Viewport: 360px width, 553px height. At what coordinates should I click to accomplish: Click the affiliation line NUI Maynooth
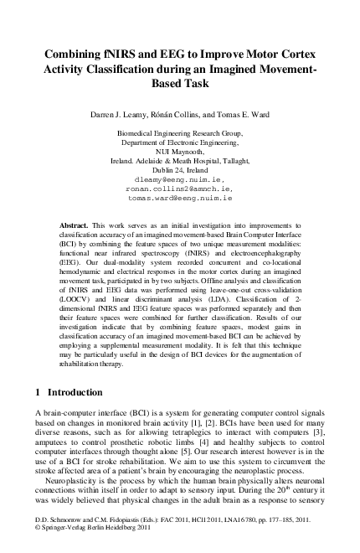pos(180,152)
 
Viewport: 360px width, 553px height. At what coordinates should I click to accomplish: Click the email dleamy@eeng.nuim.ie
pos(180,180)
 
